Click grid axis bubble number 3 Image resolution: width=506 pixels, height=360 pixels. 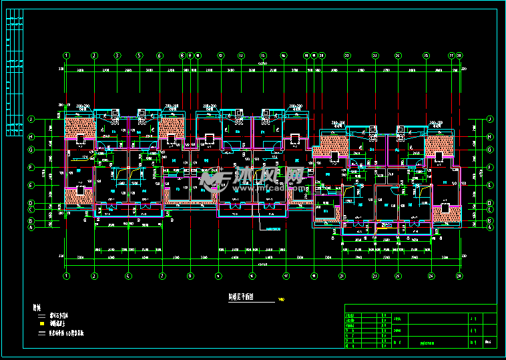[x=117, y=55]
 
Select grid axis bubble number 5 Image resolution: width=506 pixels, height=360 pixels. [x=140, y=55]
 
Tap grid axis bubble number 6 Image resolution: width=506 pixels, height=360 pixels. [x=160, y=55]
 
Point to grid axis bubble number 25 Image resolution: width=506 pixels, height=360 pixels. [x=425, y=55]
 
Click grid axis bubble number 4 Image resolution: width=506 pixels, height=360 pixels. [x=128, y=275]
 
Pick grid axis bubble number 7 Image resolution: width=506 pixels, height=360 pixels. [x=162, y=275]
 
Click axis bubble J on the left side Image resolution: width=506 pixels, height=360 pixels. [x=31, y=119]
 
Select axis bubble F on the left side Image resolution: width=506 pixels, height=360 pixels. [x=31, y=168]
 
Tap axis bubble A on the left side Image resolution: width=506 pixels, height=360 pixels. [x=31, y=227]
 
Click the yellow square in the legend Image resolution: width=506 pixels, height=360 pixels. [x=41, y=323]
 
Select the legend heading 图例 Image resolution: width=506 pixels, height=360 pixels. [x=37, y=308]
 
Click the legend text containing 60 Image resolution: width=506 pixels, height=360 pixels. [x=67, y=331]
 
